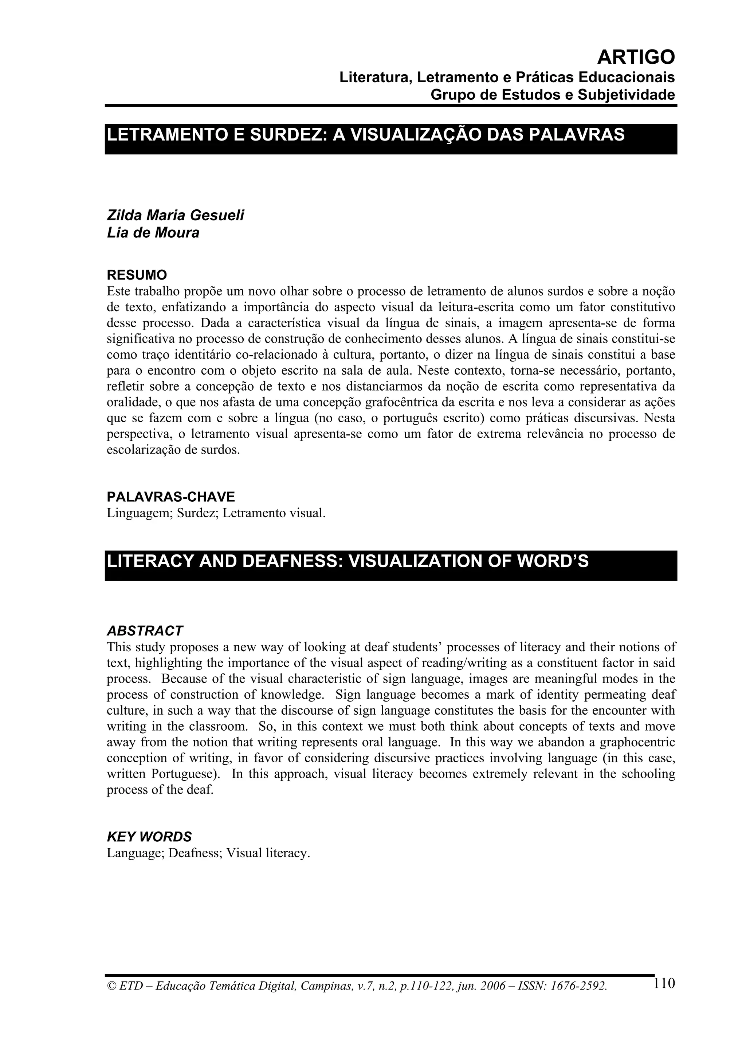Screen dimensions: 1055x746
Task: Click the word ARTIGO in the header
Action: click(636, 58)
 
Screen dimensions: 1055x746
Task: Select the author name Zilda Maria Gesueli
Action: click(175, 215)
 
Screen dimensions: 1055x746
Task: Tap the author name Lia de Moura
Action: click(153, 233)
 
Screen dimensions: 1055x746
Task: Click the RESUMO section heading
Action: click(137, 275)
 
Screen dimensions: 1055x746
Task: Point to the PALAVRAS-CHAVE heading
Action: click(170, 497)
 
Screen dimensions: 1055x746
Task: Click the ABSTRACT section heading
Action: click(144, 631)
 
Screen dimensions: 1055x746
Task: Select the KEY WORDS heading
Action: click(149, 837)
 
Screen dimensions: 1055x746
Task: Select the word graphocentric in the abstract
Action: click(637, 743)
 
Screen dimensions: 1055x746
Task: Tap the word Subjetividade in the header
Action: click(626, 95)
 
